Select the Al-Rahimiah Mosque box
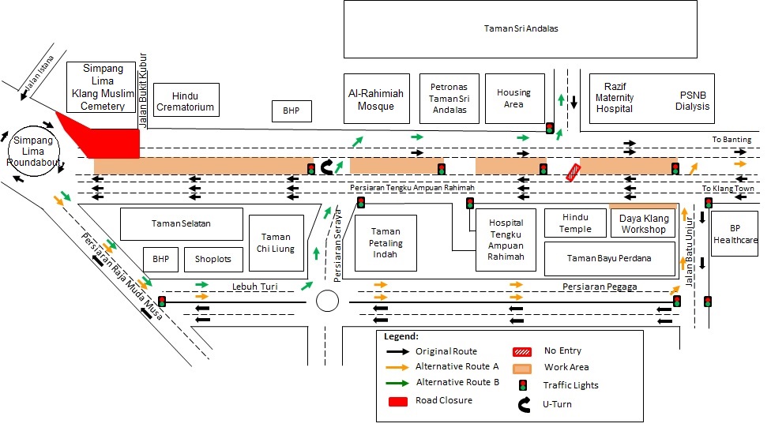(x=376, y=99)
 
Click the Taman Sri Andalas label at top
(x=521, y=28)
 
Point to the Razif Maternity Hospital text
(x=615, y=97)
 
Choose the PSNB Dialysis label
(x=693, y=101)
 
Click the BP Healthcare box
(x=734, y=234)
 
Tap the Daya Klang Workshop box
(x=643, y=223)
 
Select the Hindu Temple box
(x=575, y=223)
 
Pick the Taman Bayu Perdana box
(x=609, y=258)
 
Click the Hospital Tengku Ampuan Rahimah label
(x=506, y=239)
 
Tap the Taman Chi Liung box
(x=276, y=242)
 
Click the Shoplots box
(x=212, y=259)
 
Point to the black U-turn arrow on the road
(x=325, y=167)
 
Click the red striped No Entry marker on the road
(x=573, y=173)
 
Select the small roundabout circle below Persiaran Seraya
(x=327, y=301)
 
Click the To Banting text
(x=731, y=140)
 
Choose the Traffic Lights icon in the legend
(x=521, y=385)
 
